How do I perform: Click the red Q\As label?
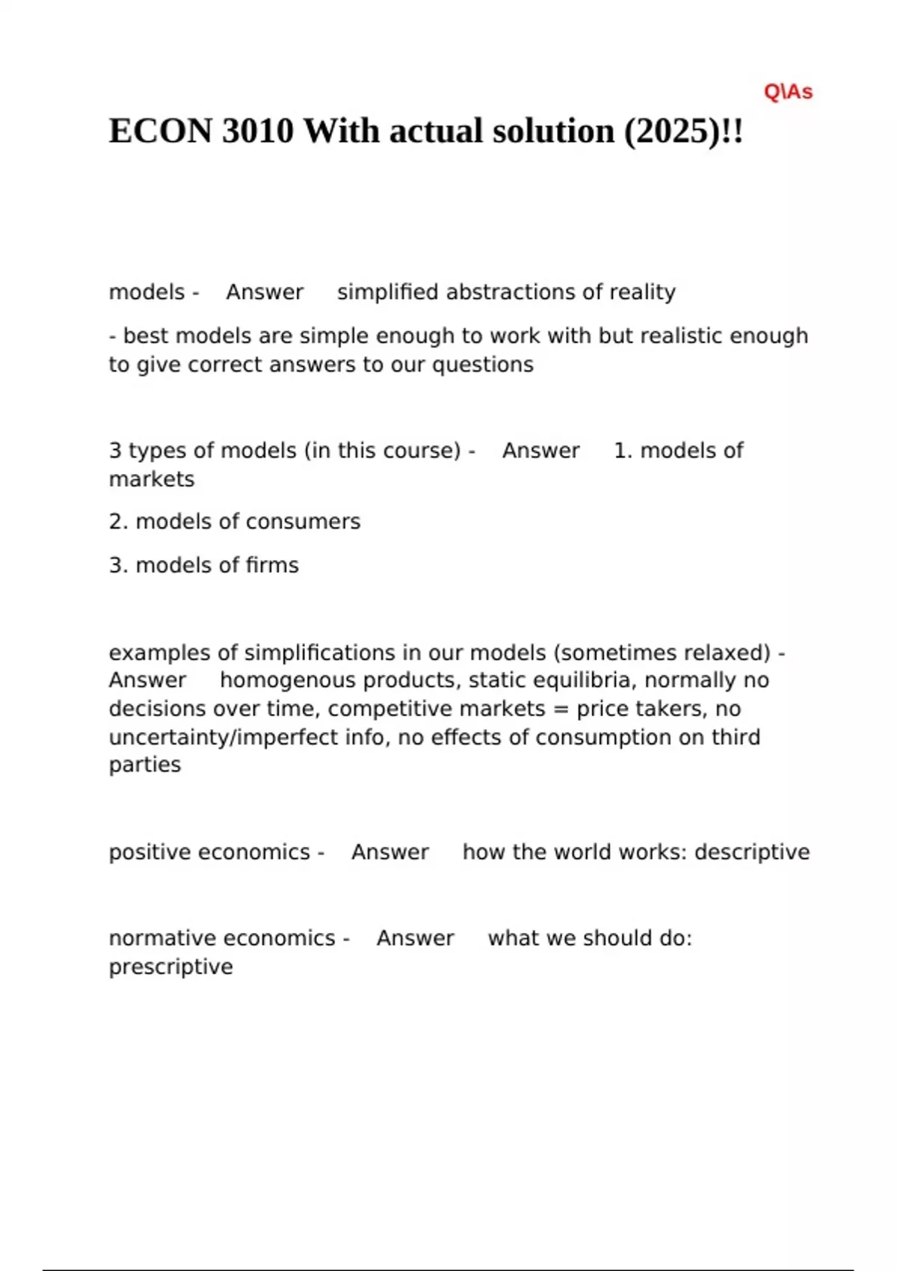point(788,92)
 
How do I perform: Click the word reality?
point(642,292)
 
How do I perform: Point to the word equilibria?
point(584,680)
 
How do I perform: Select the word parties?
point(145,765)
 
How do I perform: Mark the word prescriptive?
point(170,967)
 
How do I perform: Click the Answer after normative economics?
point(415,938)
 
